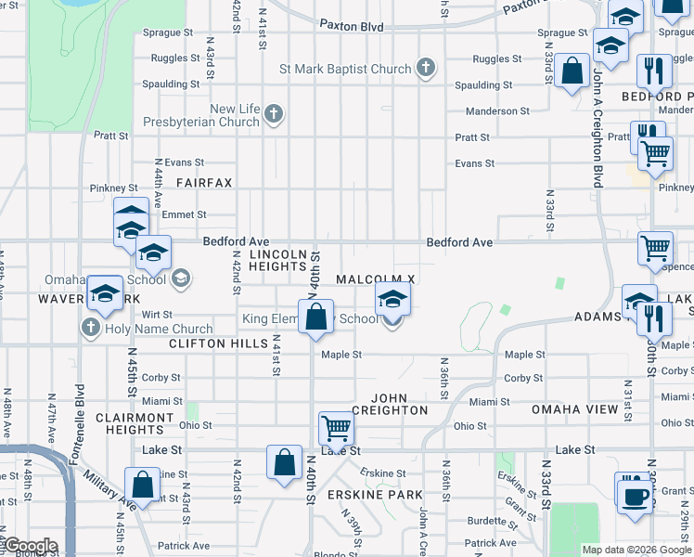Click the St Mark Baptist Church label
345,70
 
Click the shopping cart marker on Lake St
336,430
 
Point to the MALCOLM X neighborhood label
375,279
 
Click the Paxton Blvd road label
351,27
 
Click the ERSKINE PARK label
375,495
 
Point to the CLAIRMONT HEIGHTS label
135,423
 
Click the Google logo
30,546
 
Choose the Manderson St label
497,111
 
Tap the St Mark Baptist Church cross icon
425,68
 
